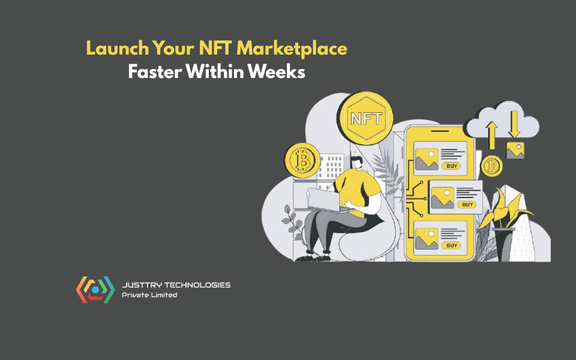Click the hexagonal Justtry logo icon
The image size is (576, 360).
pos(95,289)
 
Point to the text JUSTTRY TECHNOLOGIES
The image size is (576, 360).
pos(176,285)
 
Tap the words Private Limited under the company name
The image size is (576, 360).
pos(149,295)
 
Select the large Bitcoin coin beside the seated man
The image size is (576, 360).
pos(302,160)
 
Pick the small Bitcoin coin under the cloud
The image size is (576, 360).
pos(492,165)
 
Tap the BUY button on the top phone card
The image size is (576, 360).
pos(451,166)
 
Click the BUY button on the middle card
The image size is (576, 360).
pos(468,205)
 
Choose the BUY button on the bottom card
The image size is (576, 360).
pos(452,245)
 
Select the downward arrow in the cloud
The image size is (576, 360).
pos(514,124)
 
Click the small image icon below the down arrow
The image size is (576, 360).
pos(515,150)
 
